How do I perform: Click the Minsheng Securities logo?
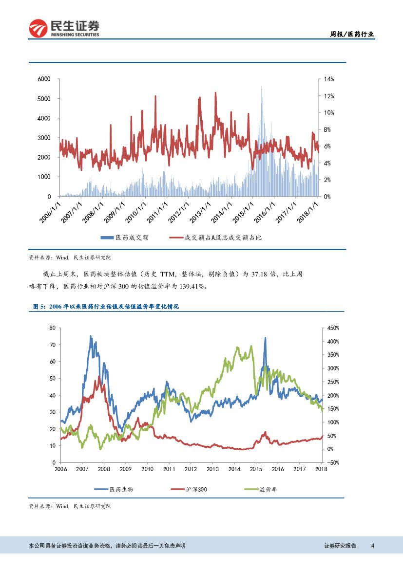[64, 28]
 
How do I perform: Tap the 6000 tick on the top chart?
[45, 79]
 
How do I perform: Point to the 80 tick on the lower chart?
[52, 328]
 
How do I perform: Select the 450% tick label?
[333, 328]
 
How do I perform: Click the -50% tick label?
[333, 462]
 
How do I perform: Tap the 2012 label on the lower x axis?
[191, 469]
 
